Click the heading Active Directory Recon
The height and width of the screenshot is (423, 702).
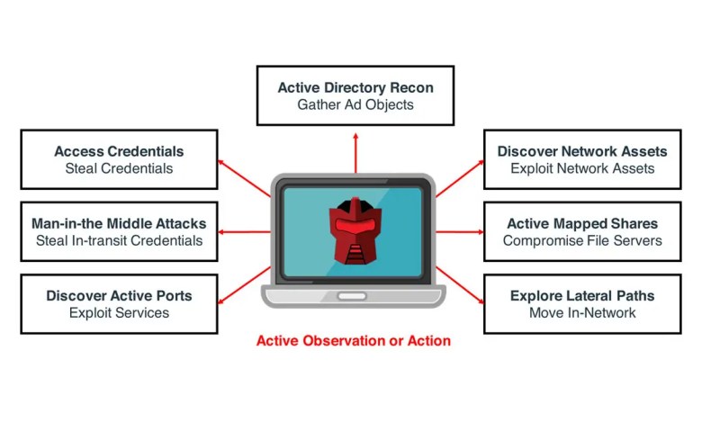click(x=355, y=87)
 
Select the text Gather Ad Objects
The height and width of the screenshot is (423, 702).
click(x=355, y=104)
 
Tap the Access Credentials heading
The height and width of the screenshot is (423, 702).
click(x=119, y=151)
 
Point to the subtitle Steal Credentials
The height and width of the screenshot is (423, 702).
click(x=119, y=168)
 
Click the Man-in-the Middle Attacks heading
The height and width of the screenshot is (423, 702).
click(x=119, y=223)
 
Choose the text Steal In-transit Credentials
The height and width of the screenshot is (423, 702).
click(x=119, y=240)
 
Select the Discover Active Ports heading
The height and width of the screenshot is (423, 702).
click(x=119, y=296)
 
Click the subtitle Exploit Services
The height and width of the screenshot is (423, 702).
click(x=119, y=313)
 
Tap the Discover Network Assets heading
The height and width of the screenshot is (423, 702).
click(x=582, y=151)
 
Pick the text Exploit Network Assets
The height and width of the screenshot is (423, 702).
click(x=582, y=168)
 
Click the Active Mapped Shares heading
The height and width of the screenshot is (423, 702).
click(x=582, y=223)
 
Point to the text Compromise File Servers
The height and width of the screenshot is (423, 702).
click(x=582, y=240)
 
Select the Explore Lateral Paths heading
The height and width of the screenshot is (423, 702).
click(x=582, y=296)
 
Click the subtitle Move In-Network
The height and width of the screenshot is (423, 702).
click(x=582, y=313)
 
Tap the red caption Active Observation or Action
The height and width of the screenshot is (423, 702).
click(x=354, y=340)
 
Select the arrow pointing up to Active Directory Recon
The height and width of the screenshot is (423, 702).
click(x=355, y=153)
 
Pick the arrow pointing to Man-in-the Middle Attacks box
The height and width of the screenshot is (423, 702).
click(x=244, y=232)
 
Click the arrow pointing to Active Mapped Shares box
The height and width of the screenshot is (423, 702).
click(x=460, y=232)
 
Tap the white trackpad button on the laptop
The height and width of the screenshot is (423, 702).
click(x=352, y=296)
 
